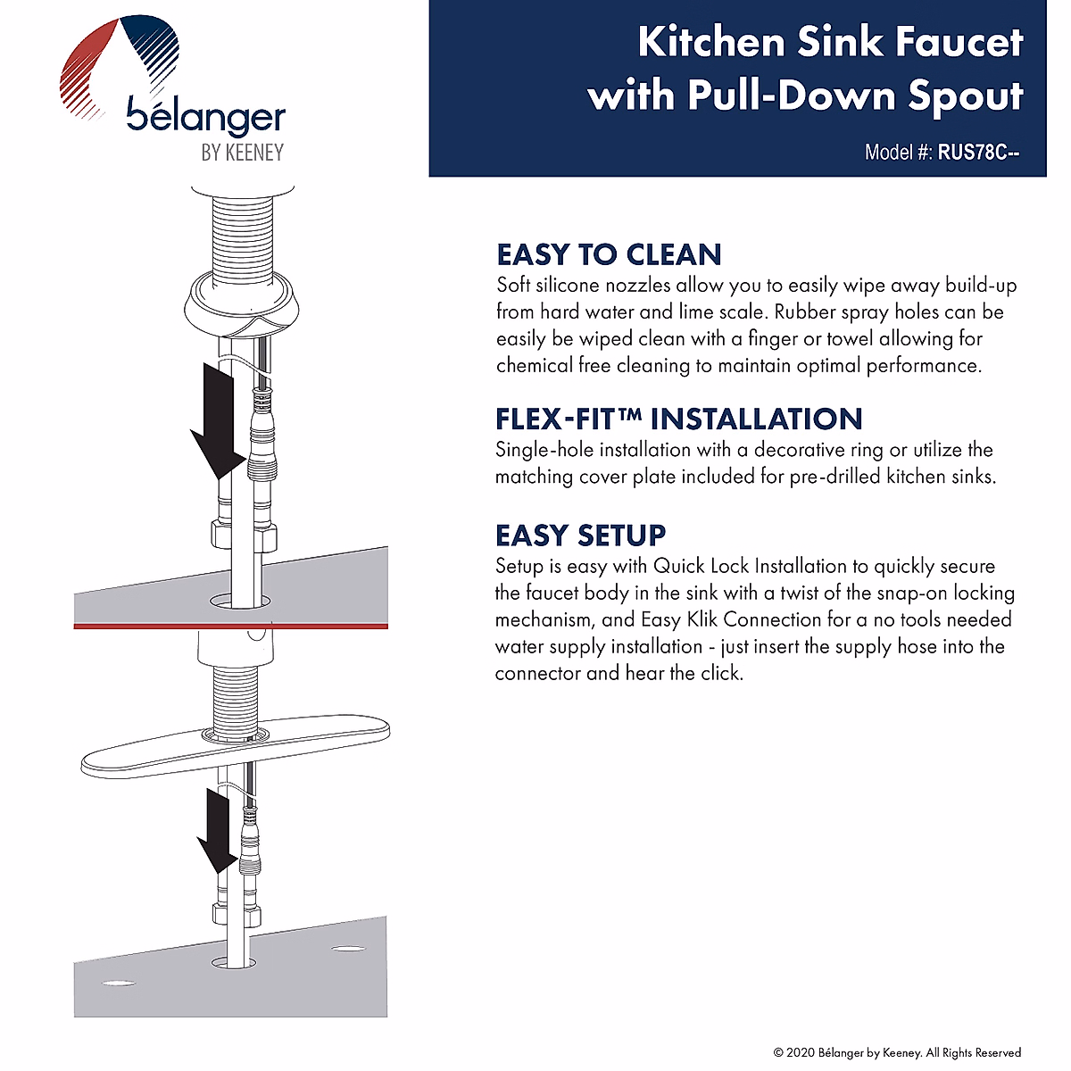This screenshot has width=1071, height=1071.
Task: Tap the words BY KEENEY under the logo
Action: point(243,153)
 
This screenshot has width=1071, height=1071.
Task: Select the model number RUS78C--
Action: point(978,152)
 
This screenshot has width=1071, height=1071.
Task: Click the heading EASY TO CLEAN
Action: point(609,254)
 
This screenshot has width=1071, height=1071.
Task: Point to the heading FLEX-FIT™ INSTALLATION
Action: point(678,419)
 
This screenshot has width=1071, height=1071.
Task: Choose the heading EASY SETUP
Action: point(580,535)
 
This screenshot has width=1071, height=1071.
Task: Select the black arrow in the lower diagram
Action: point(217,831)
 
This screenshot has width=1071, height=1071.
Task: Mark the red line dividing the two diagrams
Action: point(230,626)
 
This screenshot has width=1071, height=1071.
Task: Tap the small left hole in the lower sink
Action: point(119,984)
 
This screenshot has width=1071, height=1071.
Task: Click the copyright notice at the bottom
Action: point(897,1052)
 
